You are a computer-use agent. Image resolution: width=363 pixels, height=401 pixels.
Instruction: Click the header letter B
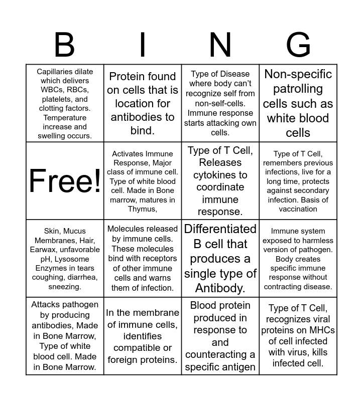[x=64, y=45]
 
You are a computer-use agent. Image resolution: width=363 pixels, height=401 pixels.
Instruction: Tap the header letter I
[x=143, y=45]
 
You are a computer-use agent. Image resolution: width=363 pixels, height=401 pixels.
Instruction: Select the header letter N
[x=220, y=45]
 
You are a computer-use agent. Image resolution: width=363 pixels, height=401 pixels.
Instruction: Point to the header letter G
[x=298, y=45]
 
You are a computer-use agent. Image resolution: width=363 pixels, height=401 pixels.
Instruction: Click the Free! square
[x=65, y=180]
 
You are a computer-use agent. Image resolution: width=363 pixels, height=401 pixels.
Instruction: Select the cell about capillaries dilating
[x=65, y=103]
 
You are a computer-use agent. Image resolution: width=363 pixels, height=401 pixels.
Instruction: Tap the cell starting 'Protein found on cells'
[x=143, y=103]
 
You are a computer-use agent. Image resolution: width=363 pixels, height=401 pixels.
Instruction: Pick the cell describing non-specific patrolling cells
[x=298, y=103]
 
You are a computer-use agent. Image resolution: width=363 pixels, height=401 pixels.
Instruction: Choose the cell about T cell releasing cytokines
[x=220, y=180]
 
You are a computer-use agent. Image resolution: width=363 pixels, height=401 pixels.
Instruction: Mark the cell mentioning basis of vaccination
[x=298, y=180]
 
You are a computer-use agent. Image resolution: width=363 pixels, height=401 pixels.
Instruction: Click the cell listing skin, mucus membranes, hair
[x=65, y=259]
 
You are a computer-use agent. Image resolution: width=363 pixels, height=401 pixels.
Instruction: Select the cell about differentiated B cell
[x=220, y=259]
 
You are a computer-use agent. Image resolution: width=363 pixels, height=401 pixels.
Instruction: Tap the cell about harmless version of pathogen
[x=298, y=259]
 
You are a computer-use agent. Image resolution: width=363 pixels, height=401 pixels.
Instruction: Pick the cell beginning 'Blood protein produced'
[x=220, y=336]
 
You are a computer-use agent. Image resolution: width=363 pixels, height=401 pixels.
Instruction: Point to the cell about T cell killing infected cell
[x=298, y=336]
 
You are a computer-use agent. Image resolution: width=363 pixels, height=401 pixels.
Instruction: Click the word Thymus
[x=142, y=209]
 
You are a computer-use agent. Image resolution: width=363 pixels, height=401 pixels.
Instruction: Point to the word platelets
[x=56, y=99]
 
